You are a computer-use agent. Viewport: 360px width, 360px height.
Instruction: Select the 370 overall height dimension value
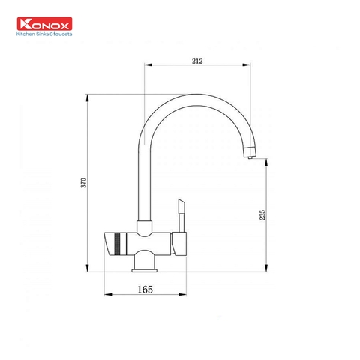[84, 182]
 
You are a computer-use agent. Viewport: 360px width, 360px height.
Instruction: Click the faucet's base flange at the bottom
[145, 268]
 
